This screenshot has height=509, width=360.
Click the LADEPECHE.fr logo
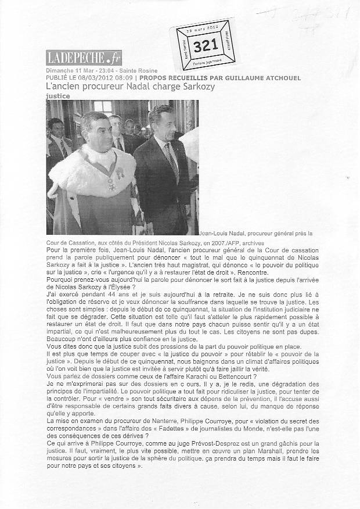pos(84,58)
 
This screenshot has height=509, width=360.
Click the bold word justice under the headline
pos(58,96)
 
